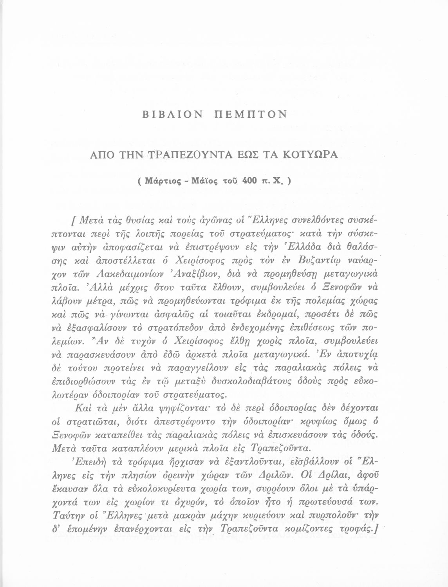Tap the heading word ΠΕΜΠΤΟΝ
pyautogui.click(x=251, y=114)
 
